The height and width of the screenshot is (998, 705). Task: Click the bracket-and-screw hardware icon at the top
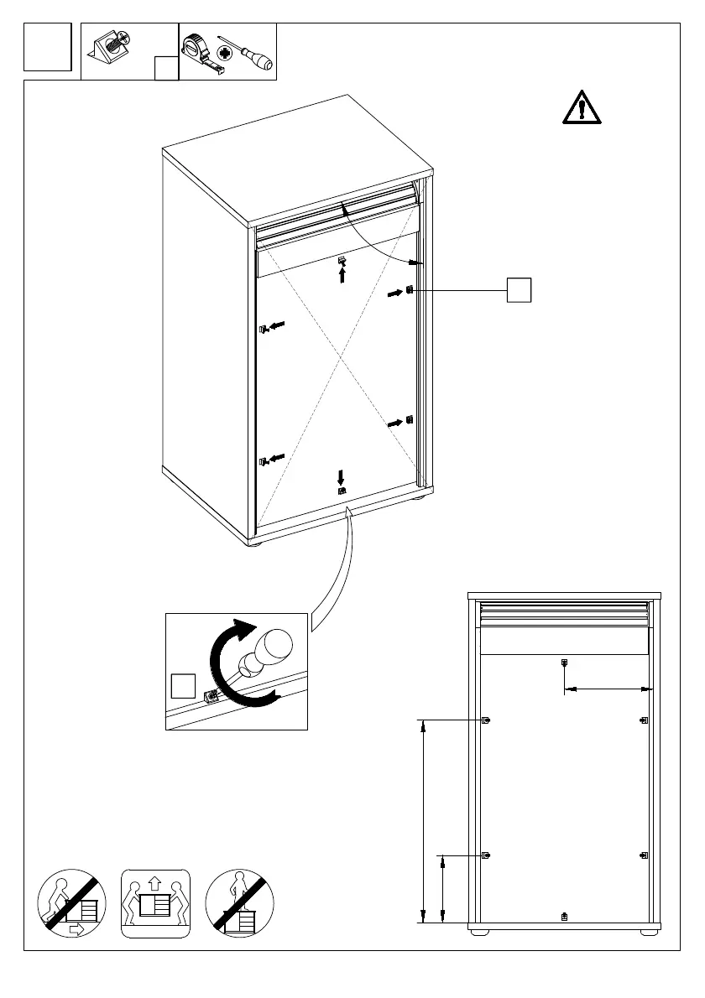click(109, 49)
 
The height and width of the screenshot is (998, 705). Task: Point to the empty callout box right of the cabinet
click(520, 289)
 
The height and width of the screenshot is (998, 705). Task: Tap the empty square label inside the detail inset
click(183, 685)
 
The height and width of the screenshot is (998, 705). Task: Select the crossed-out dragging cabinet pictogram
click(72, 902)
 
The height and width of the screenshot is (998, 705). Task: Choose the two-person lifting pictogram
click(156, 902)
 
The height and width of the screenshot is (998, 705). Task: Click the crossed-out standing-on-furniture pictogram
click(240, 902)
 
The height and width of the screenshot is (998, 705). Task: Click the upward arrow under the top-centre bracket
click(342, 275)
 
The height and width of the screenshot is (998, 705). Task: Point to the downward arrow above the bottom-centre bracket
click(341, 477)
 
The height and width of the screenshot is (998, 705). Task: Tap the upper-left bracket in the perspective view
click(263, 329)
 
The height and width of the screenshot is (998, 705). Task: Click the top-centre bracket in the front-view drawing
click(564, 663)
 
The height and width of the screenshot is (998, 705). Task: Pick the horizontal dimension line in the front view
click(608, 689)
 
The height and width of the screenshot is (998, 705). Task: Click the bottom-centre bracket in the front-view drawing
click(564, 916)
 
